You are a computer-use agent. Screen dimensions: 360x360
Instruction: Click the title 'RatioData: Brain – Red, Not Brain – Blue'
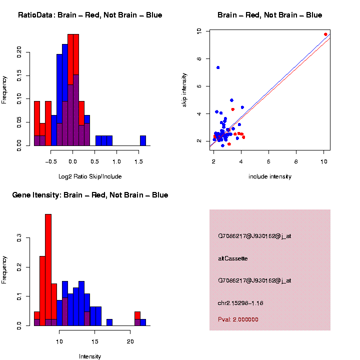(90, 15)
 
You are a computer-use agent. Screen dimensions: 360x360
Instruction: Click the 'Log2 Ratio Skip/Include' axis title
(89, 176)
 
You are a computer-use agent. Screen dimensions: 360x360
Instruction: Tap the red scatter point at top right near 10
(325, 34)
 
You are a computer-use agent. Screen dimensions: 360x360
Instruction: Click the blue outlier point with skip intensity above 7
(218, 67)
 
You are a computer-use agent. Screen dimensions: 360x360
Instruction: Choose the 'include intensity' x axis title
(269, 176)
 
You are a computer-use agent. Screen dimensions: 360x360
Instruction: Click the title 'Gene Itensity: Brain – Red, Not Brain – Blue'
(90, 195)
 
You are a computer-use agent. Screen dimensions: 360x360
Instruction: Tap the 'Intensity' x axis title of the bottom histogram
(90, 356)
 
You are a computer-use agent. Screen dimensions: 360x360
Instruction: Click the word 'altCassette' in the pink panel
(233, 258)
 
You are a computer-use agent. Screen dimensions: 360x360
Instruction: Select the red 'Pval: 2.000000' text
(238, 319)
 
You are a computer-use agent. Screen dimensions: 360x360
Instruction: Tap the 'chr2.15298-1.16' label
(240, 303)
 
